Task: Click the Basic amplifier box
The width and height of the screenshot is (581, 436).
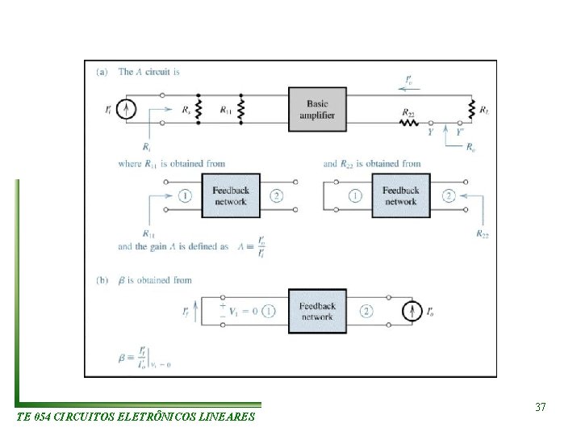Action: (x=318, y=109)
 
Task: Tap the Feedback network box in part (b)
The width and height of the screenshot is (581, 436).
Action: (x=317, y=311)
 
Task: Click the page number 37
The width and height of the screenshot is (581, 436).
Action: (x=541, y=408)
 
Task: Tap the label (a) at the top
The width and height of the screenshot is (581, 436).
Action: (x=102, y=72)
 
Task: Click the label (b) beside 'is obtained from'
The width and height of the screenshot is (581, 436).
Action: (x=102, y=280)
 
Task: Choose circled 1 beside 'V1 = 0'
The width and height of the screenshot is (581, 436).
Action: (x=269, y=311)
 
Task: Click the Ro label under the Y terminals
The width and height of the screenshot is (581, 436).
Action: (x=470, y=148)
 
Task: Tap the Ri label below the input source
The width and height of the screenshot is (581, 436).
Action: (x=145, y=147)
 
